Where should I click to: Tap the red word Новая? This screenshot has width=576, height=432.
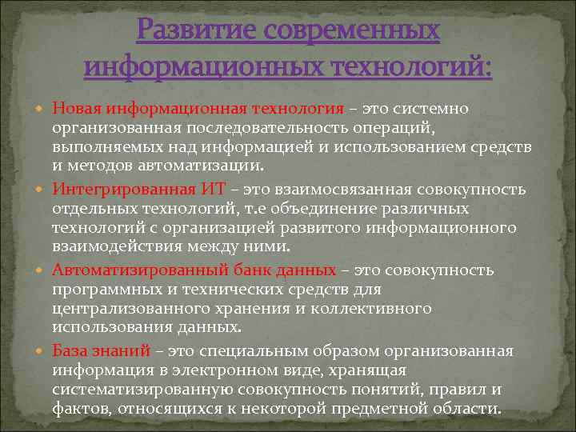pyautogui.click(x=76, y=108)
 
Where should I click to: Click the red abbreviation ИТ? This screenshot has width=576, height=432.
pyautogui.click(x=207, y=190)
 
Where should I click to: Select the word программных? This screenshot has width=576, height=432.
pyautogui.click(x=106, y=290)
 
